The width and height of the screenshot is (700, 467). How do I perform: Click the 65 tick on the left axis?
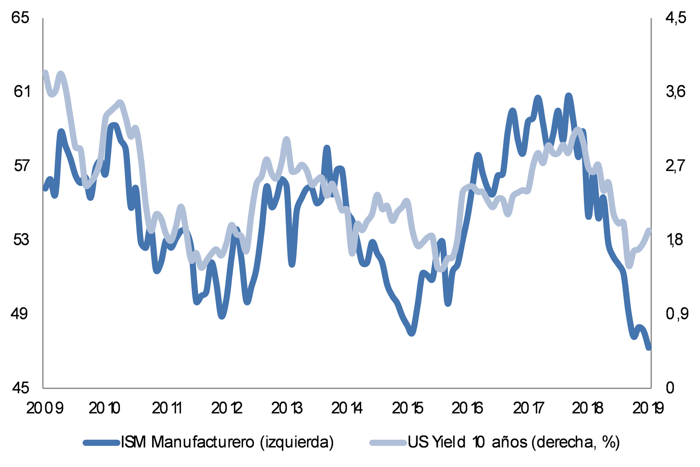click(x=21, y=18)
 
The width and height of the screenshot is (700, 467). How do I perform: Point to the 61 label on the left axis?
click(x=21, y=92)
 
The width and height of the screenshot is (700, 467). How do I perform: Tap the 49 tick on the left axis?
click(x=21, y=313)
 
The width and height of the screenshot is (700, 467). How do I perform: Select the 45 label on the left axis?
click(x=21, y=388)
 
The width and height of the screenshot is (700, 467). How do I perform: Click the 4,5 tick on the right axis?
click(x=675, y=18)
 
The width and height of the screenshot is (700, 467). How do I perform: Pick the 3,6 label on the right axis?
click(x=675, y=92)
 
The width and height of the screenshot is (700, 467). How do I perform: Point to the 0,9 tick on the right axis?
click(x=675, y=313)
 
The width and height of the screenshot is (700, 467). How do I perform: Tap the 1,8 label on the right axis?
click(x=675, y=240)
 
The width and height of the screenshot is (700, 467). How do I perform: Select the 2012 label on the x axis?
click(x=227, y=409)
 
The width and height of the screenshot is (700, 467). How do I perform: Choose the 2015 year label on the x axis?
click(x=408, y=409)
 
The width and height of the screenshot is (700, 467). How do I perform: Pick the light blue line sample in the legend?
click(x=388, y=442)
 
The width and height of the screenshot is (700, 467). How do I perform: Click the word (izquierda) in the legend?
click(x=297, y=441)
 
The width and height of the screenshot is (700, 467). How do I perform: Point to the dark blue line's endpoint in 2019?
click(x=649, y=347)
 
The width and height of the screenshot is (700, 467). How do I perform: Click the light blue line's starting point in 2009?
click(x=45, y=73)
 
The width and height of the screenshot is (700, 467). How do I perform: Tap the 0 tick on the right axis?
click(x=670, y=388)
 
